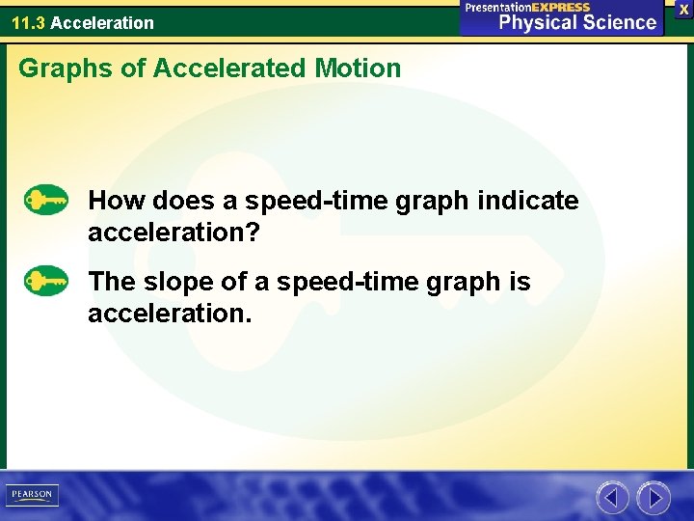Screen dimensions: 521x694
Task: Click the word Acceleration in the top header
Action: point(101,22)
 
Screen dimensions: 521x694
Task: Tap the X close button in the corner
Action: point(683,9)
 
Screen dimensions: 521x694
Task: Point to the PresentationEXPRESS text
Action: point(527,7)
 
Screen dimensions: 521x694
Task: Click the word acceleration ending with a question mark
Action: point(174,233)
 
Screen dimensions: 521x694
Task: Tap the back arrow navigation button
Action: point(611,498)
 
